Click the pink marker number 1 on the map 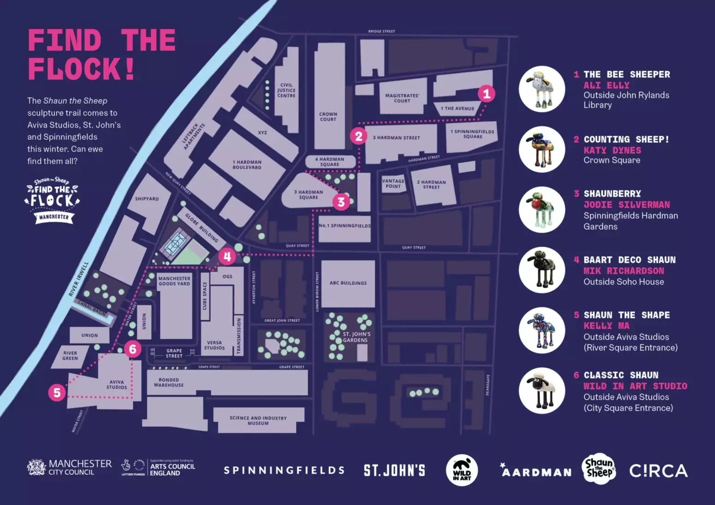pos(486,94)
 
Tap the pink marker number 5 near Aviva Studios pos(57,393)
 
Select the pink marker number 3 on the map pos(341,202)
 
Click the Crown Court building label pos(328,116)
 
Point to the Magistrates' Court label pos(402,98)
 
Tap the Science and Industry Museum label pos(258,420)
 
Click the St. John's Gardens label pos(356,337)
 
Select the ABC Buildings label pos(348,283)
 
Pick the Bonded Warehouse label pos(168,382)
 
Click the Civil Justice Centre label pos(286,90)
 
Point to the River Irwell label pos(78,279)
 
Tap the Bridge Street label pos(381,31)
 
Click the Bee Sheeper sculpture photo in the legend pos(542,89)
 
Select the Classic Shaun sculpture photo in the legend pos(542,390)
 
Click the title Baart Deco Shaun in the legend pos(629,260)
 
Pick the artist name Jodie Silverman pos(626,205)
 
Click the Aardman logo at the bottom pos(536,471)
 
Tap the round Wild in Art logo pos(462,470)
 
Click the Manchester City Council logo pos(69,467)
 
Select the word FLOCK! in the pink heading pos(82,69)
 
